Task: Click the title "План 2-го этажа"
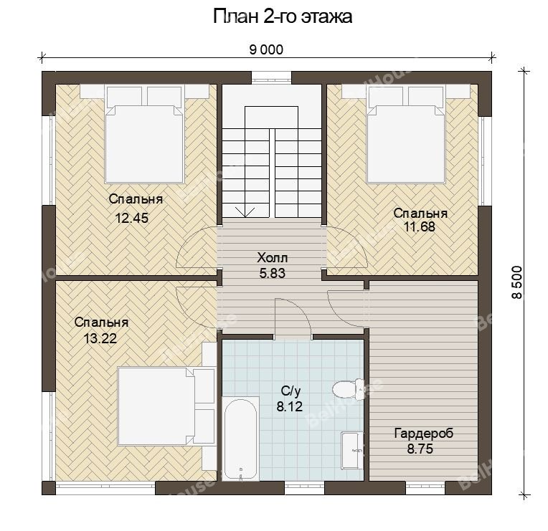[283, 16]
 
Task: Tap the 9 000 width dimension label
[266, 50]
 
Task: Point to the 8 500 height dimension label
[517, 282]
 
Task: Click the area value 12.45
[132, 218]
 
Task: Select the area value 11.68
[420, 227]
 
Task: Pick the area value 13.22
[100, 338]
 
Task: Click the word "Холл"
[273, 258]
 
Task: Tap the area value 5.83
[273, 273]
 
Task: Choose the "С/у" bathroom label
[290, 392]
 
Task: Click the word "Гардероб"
[424, 434]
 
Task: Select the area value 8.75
[420, 449]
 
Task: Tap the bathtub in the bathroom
[240, 439]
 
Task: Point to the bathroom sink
[352, 450]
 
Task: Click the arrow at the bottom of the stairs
[245, 211]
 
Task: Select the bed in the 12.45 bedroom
[144, 135]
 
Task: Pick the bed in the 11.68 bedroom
[406, 135]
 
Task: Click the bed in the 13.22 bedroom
[166, 406]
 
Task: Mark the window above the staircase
[271, 77]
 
